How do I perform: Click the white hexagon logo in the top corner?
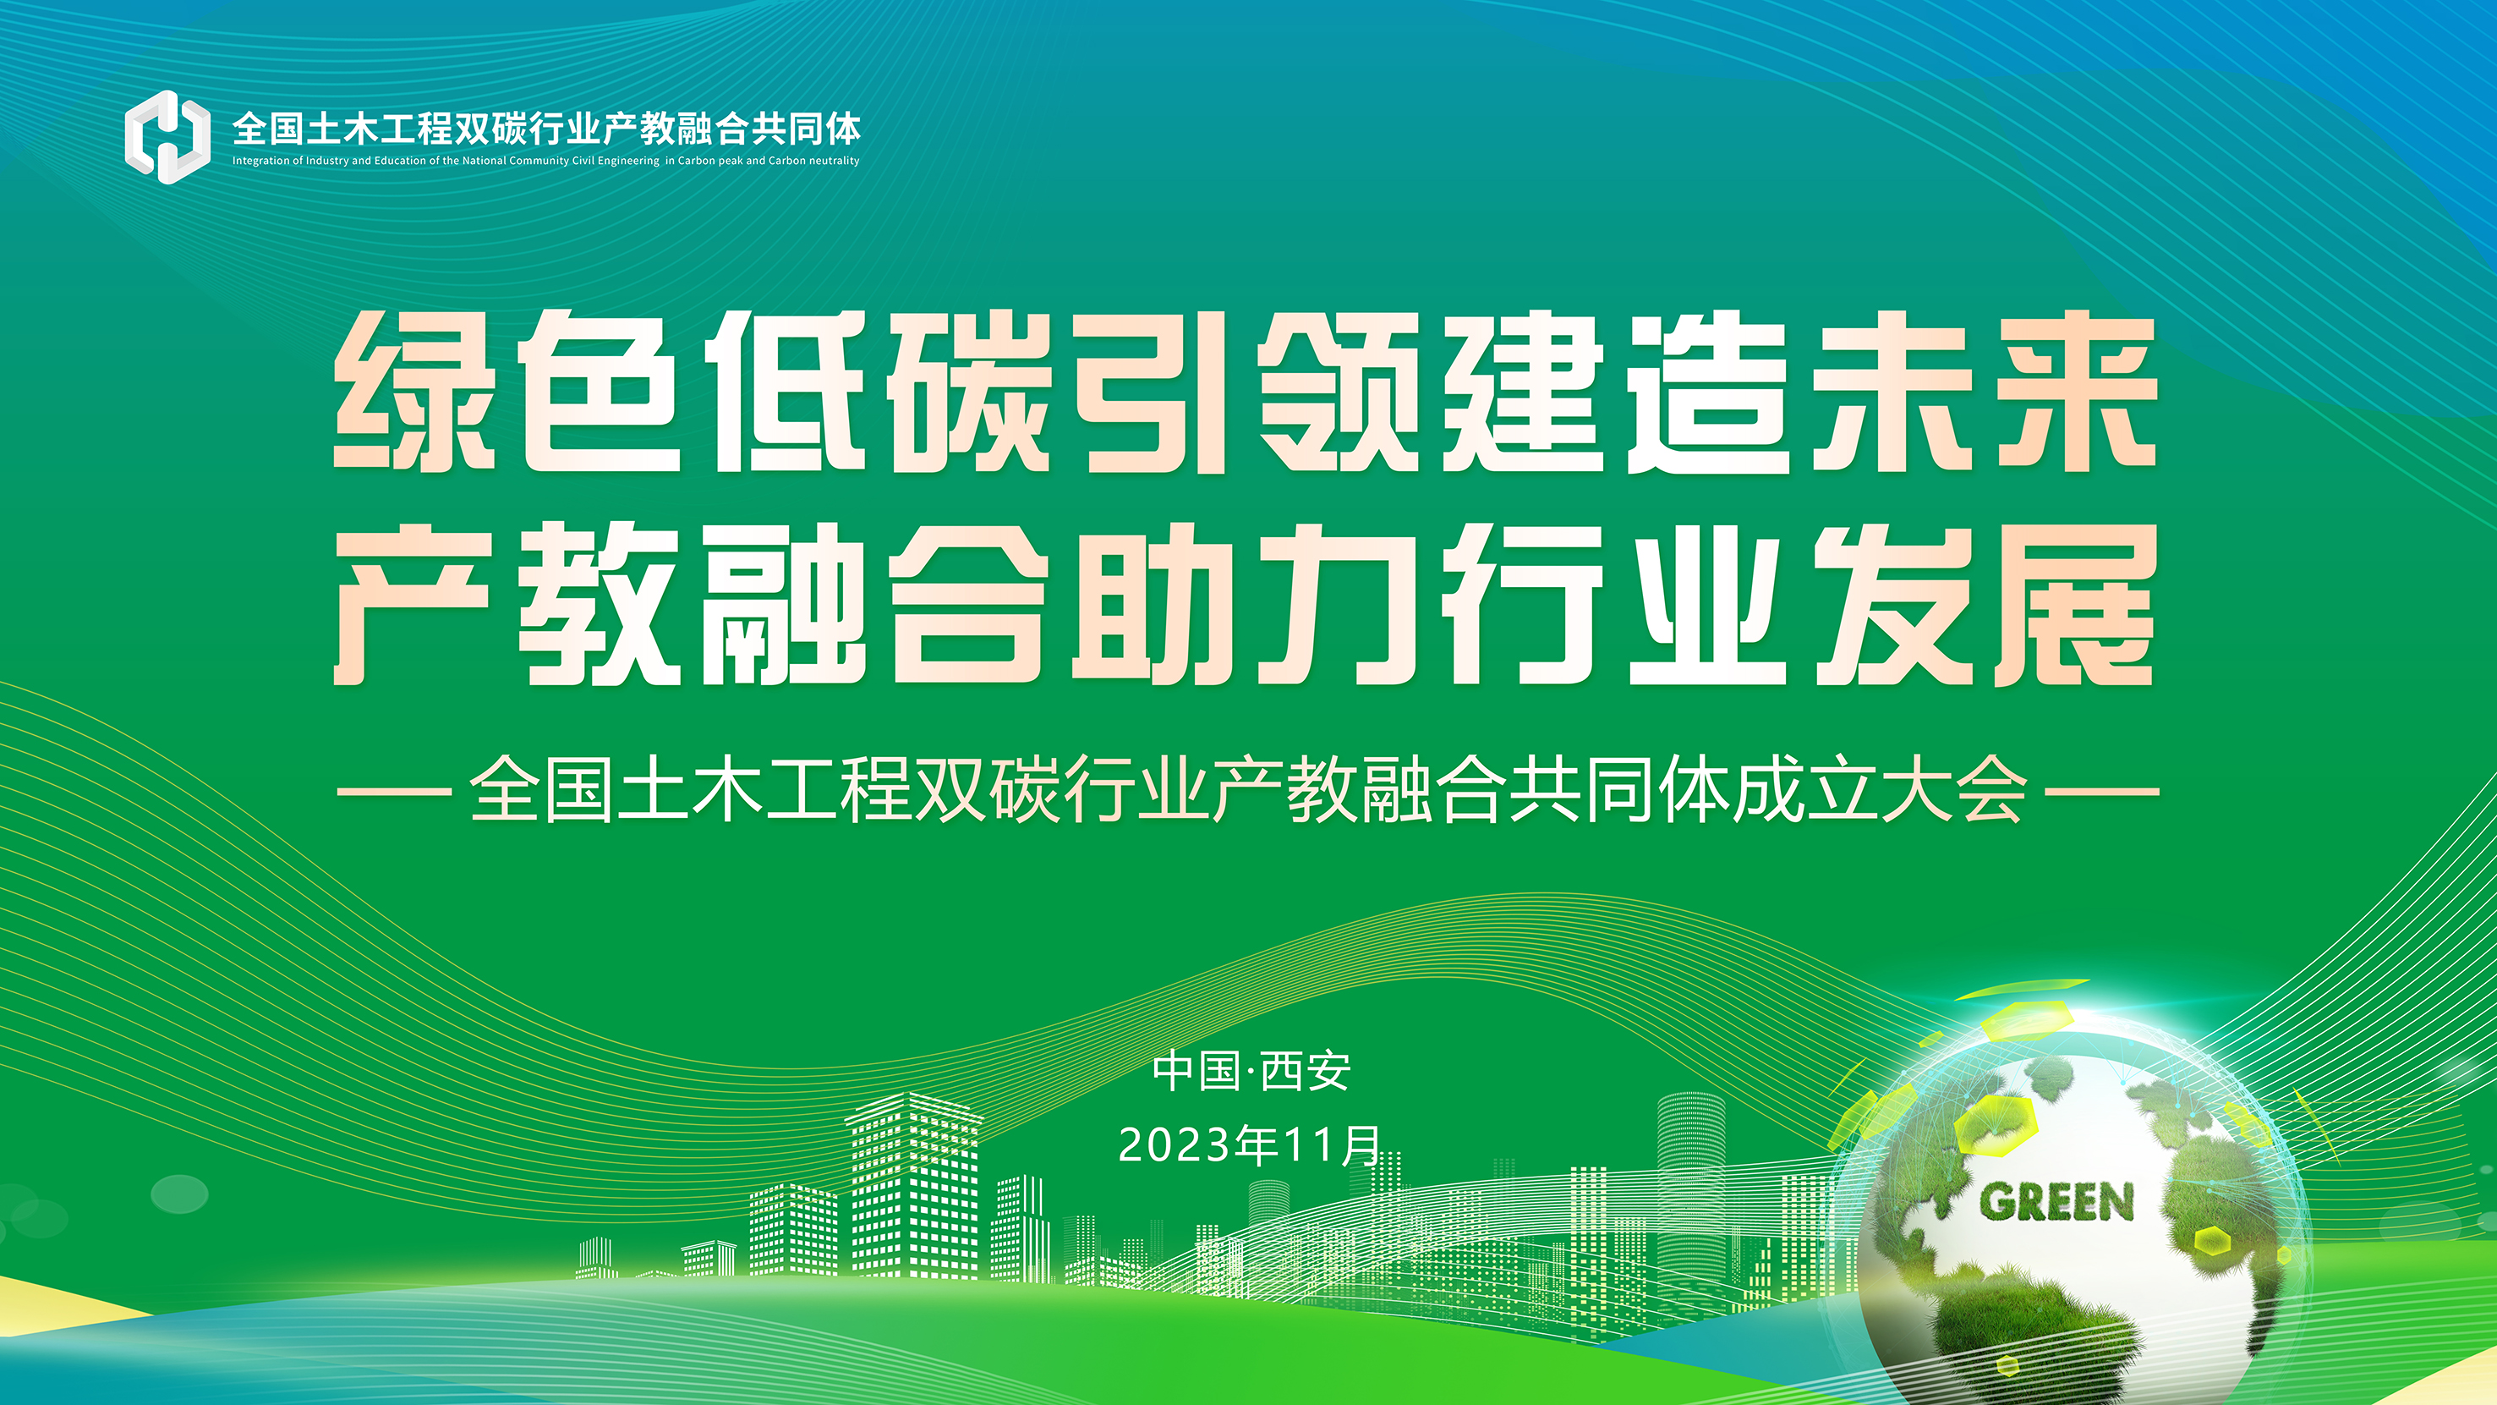point(167,137)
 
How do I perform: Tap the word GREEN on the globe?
point(2056,1202)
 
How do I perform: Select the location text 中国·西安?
point(1251,1072)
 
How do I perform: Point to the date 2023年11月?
point(1250,1145)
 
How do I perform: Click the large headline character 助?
point(1153,604)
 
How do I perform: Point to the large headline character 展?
point(2075,604)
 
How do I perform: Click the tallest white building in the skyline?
point(913,1184)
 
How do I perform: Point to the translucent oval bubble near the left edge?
point(180,1194)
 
